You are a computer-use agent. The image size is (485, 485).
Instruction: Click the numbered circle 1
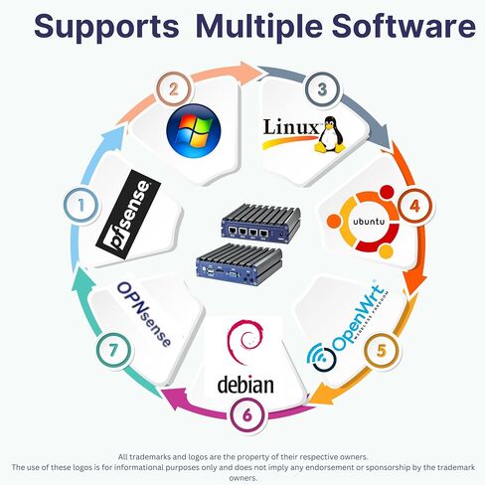click(x=81, y=206)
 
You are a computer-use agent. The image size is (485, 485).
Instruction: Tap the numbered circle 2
click(x=173, y=89)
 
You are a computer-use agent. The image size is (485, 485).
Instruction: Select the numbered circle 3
click(x=322, y=89)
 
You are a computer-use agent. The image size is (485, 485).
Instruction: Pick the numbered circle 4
click(x=414, y=206)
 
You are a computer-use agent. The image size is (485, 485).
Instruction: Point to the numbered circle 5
click(x=382, y=350)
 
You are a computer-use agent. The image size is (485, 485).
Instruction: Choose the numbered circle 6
click(x=247, y=414)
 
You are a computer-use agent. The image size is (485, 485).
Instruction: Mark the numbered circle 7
click(x=113, y=350)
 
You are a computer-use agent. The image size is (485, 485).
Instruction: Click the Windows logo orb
click(x=194, y=130)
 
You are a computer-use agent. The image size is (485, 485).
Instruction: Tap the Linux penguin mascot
click(x=330, y=134)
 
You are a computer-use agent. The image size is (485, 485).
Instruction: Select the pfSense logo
click(x=128, y=215)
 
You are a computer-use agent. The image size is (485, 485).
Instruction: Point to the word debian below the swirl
click(x=245, y=384)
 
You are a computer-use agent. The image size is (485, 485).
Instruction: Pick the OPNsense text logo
click(x=144, y=314)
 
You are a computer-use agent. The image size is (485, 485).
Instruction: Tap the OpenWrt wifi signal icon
click(x=321, y=358)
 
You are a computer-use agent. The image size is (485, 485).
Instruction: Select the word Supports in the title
click(x=106, y=27)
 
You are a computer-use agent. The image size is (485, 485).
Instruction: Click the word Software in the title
click(x=404, y=26)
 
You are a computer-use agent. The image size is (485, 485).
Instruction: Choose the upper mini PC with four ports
click(x=261, y=221)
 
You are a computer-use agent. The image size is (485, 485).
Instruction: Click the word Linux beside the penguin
click(x=290, y=127)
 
